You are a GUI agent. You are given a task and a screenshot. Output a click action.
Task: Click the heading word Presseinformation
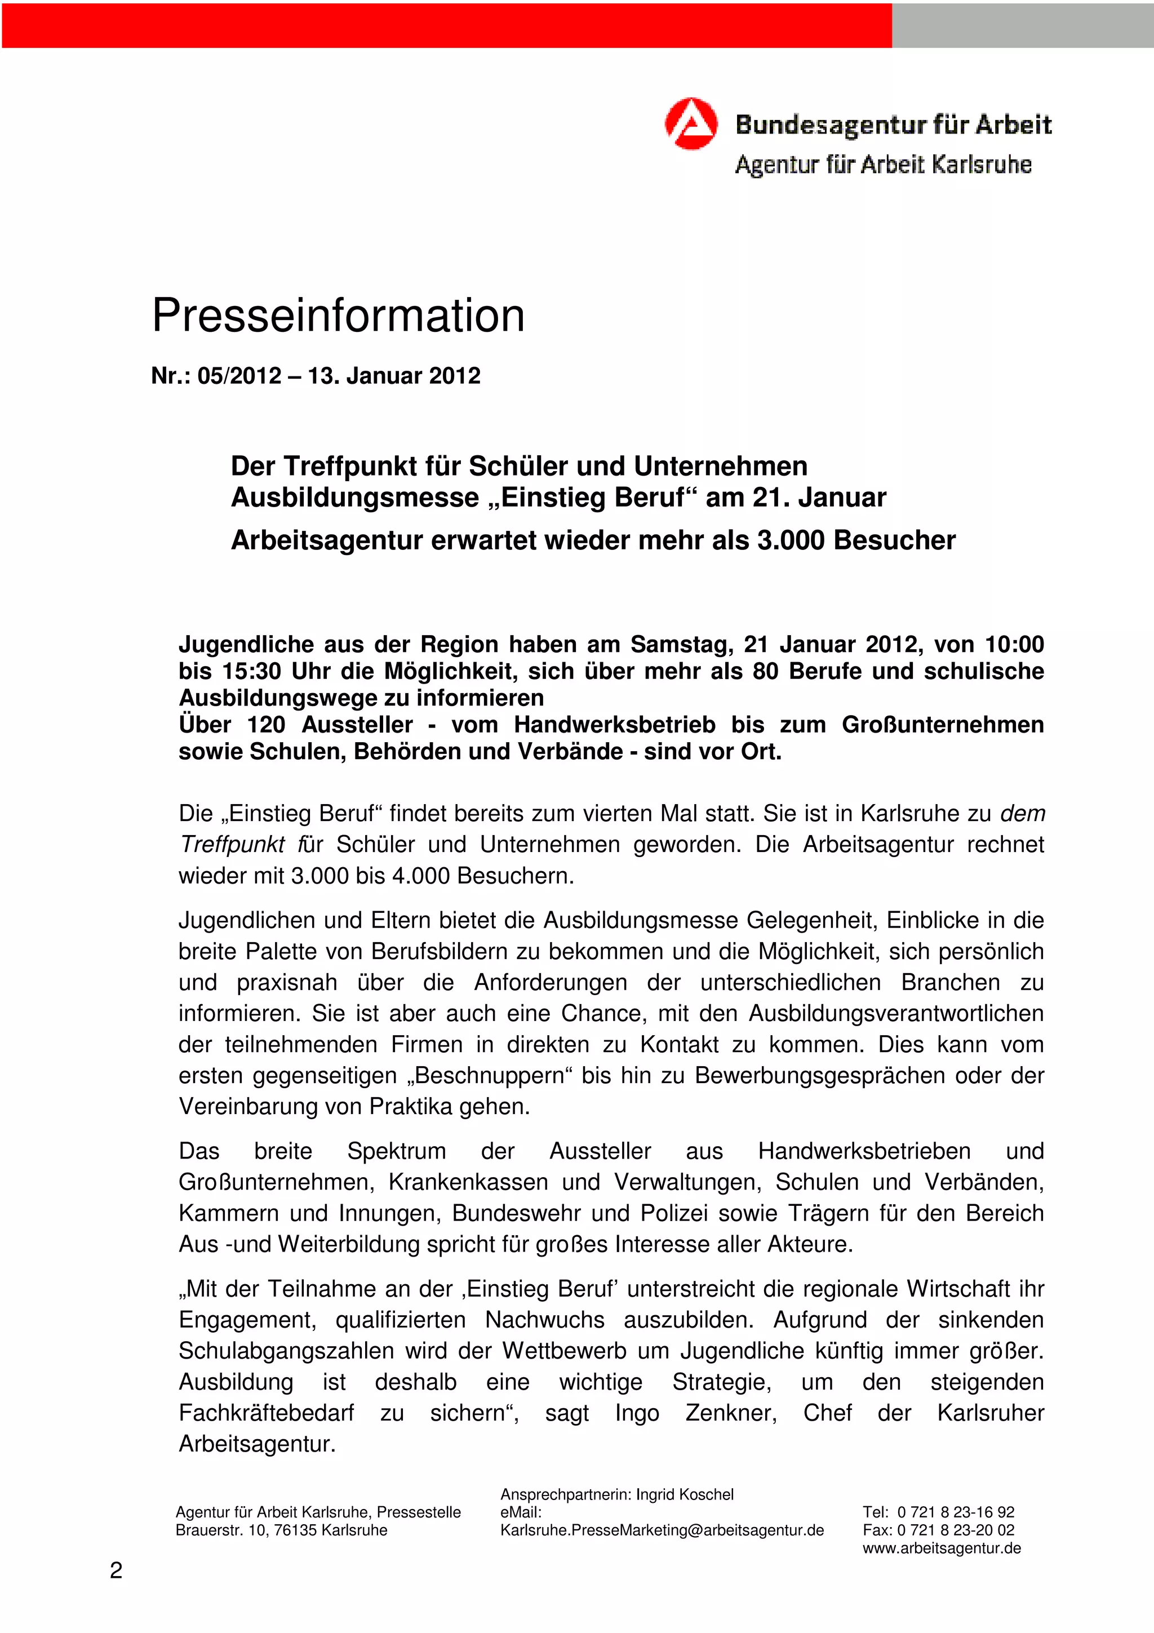click(339, 315)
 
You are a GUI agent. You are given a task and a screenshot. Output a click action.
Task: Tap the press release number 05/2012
click(239, 375)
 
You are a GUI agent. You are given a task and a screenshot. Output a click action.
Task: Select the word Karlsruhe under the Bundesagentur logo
click(980, 165)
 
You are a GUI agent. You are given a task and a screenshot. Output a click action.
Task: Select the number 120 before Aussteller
click(266, 725)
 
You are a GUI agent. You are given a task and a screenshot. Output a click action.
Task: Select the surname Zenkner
click(731, 1413)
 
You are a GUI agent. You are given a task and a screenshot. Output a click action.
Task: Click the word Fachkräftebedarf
click(266, 1413)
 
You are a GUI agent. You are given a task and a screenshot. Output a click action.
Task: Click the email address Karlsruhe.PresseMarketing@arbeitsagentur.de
click(662, 1530)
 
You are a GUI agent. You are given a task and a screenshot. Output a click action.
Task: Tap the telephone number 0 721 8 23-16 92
click(956, 1512)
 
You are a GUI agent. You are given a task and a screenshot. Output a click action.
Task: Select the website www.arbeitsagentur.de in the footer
click(942, 1548)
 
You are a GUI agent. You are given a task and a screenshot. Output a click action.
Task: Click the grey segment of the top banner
click(1023, 25)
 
